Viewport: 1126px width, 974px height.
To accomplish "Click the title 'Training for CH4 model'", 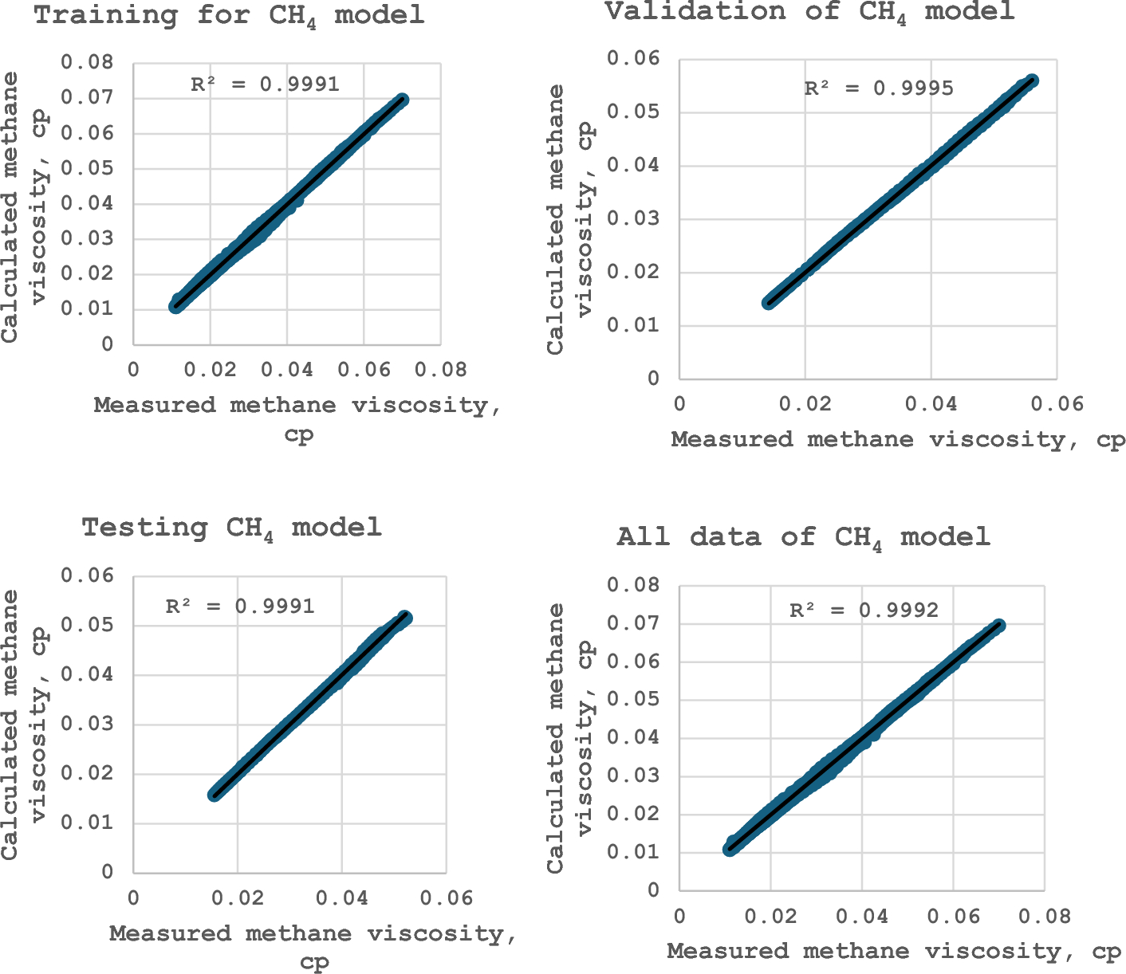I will [x=230, y=16].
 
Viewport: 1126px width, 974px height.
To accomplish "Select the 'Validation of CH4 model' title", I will [x=809, y=13].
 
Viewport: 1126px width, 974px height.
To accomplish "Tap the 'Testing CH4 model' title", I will [x=232, y=528].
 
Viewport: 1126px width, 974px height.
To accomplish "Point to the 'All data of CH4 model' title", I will [x=803, y=537].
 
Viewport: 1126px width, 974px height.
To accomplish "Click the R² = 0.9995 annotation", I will [x=878, y=88].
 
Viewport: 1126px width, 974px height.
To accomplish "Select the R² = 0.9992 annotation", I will [x=864, y=611].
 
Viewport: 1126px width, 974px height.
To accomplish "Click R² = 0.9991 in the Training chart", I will [x=265, y=84].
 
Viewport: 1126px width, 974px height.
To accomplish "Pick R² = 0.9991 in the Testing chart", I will [x=240, y=607].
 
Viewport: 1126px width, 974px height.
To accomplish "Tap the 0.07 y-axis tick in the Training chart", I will [x=91, y=98].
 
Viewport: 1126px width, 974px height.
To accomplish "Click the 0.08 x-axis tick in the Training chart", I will [x=441, y=371].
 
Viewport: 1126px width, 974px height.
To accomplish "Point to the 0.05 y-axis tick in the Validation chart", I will [x=633, y=112].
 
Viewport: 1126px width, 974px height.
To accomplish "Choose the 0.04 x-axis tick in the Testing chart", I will [x=342, y=898].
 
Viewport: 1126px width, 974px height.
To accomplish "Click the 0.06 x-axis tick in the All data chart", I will [x=953, y=917].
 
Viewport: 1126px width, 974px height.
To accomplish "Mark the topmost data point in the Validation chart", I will [x=1032, y=81].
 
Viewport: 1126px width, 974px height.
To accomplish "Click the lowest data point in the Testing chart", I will [x=215, y=794].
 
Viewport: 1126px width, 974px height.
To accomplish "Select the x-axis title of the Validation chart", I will [x=898, y=440].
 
